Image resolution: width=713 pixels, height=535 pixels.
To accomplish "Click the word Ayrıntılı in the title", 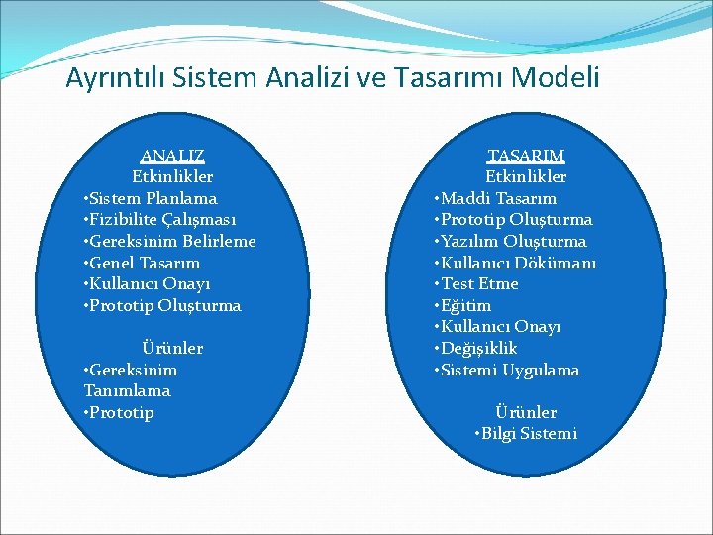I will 111,78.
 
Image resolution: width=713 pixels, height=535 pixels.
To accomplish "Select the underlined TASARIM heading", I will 526,156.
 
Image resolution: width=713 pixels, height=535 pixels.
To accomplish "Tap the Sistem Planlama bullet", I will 151,198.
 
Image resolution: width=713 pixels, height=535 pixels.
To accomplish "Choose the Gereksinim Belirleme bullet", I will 169,241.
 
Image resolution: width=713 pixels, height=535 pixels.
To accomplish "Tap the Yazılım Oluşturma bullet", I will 510,241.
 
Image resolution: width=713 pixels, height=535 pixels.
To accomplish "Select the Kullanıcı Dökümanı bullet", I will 515,263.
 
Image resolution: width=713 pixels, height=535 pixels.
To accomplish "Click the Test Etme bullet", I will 476,284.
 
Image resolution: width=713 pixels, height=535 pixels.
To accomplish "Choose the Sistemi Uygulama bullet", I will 507,370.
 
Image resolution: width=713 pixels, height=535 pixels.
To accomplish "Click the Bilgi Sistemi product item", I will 526,434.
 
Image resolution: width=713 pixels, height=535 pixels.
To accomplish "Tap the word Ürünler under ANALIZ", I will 172,348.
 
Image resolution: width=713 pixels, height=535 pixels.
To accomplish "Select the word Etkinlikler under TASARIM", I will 526,176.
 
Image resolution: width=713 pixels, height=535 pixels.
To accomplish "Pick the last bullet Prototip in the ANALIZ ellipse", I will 120,412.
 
